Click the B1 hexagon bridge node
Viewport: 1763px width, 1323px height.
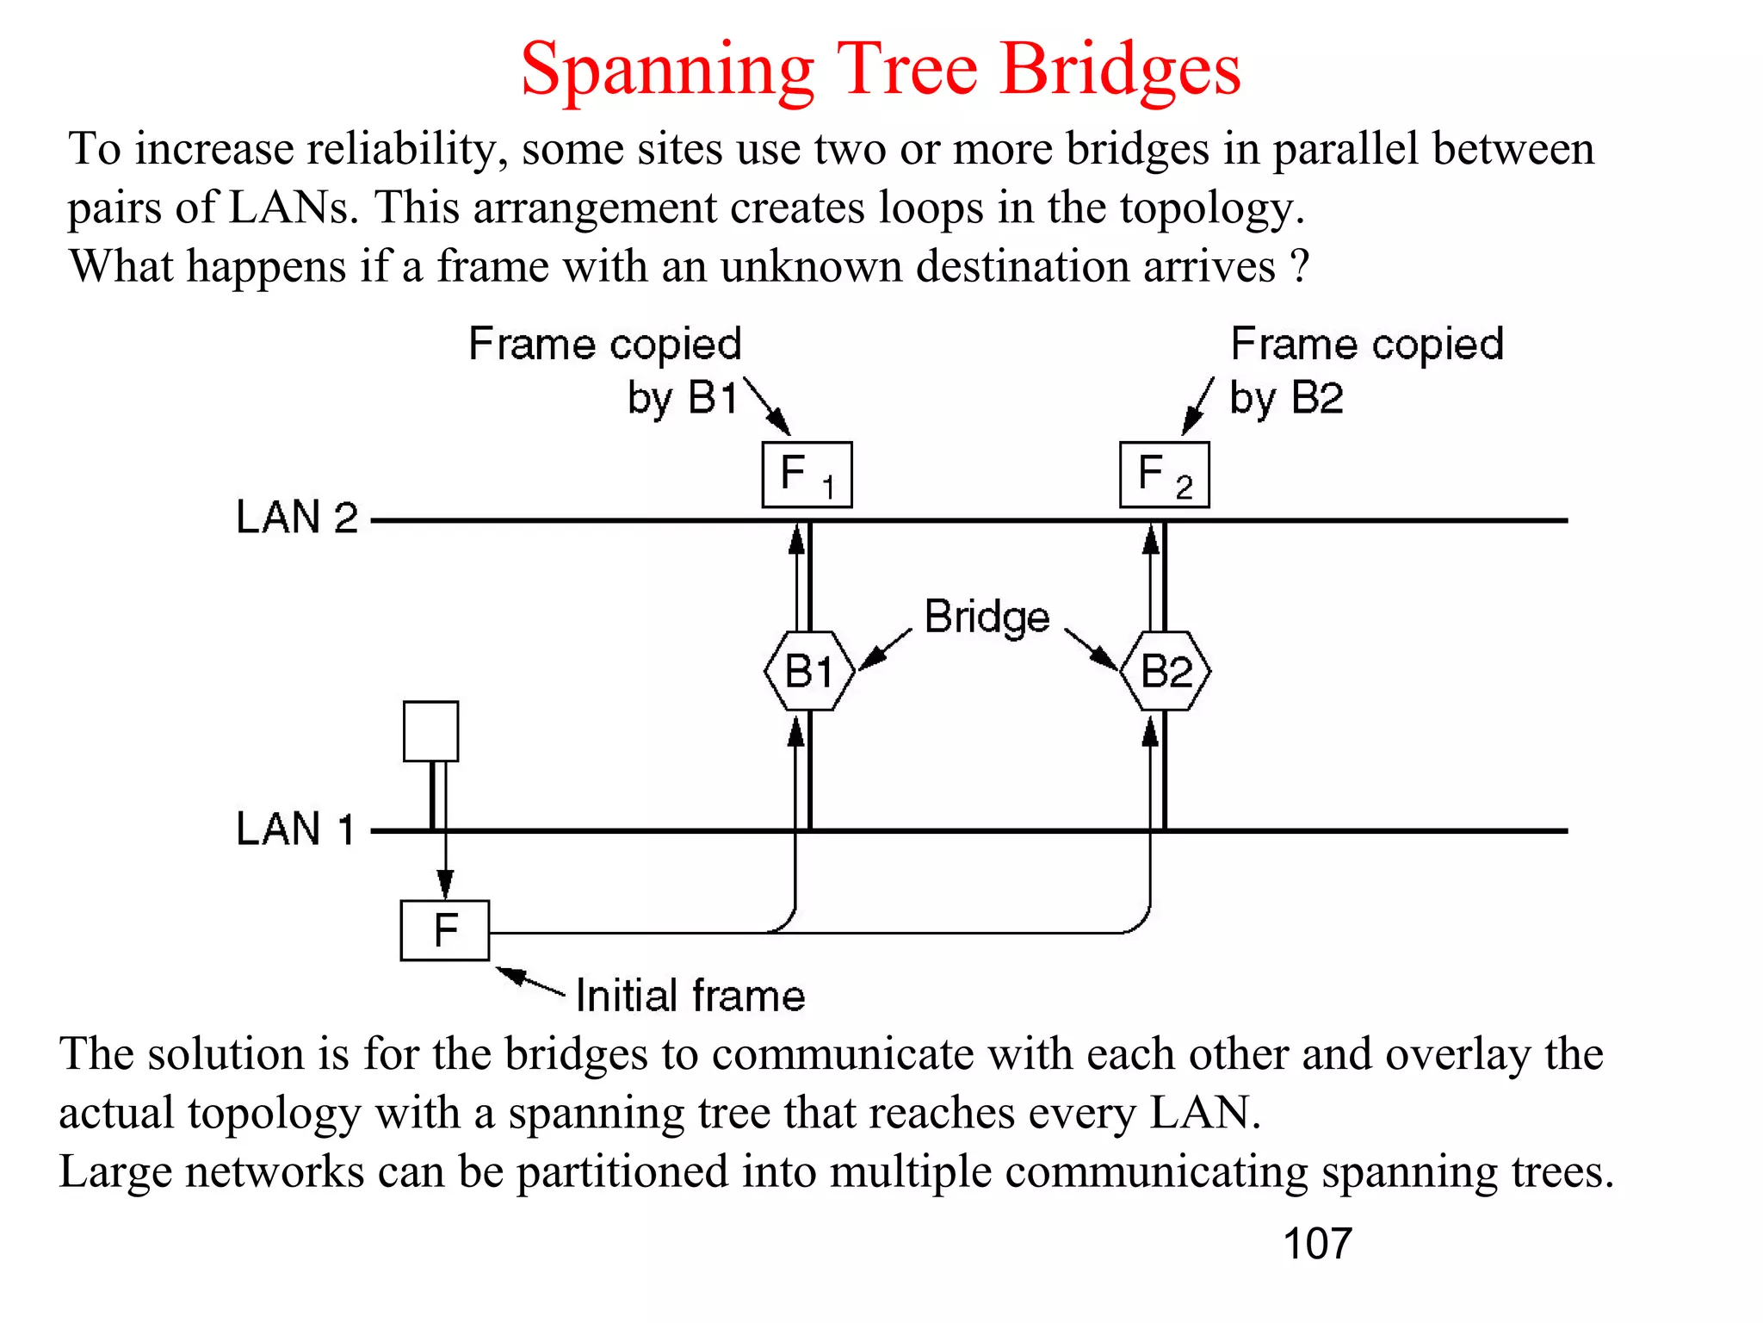(x=809, y=671)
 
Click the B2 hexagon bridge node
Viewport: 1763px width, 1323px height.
(x=1166, y=671)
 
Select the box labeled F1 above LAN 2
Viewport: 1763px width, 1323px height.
(x=807, y=475)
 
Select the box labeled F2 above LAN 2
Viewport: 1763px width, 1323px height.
(x=1164, y=475)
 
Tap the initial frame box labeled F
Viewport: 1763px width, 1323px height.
(x=445, y=930)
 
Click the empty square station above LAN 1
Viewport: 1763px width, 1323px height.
(x=430, y=731)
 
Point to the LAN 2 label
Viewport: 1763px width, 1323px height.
(x=296, y=518)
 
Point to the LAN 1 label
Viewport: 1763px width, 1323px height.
(x=295, y=829)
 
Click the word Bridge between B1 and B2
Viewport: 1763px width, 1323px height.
(x=987, y=618)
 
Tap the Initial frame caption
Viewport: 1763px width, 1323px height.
(x=690, y=996)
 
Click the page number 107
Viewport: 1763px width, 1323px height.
(x=1316, y=1244)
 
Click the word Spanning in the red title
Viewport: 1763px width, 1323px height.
(x=667, y=71)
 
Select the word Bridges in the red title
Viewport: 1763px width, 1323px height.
(x=1120, y=71)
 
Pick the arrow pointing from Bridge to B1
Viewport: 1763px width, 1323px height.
(x=885, y=649)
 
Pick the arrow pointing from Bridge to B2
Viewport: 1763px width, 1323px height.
(x=1091, y=649)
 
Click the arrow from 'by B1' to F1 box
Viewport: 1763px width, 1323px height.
(x=767, y=406)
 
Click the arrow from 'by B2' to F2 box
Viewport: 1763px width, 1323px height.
(x=1197, y=406)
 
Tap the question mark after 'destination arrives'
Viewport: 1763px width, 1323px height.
(x=1300, y=266)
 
